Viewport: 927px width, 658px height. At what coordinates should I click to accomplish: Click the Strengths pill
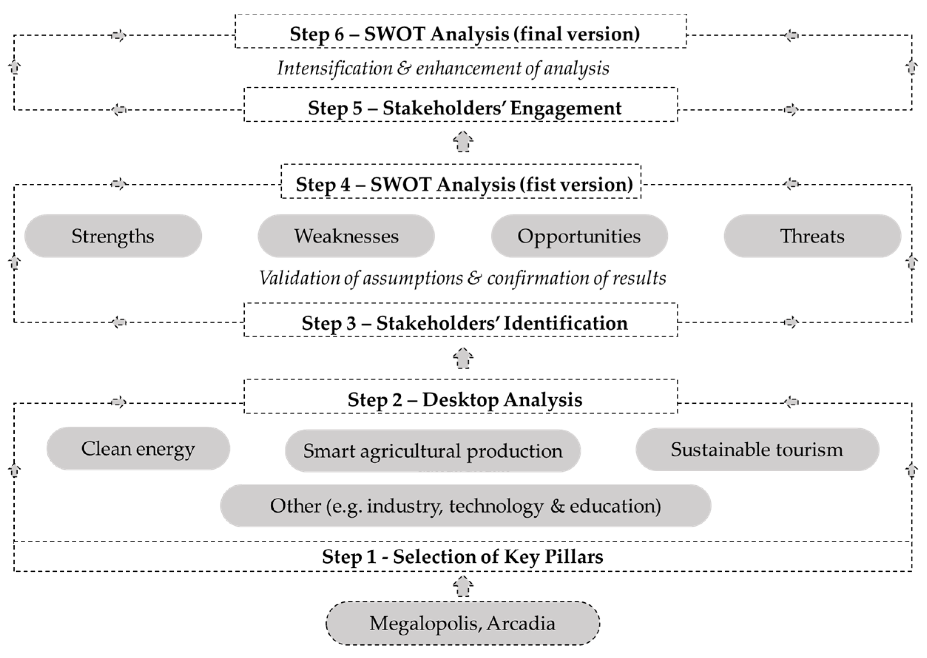coord(113,236)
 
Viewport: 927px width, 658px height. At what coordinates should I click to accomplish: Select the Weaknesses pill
coord(346,236)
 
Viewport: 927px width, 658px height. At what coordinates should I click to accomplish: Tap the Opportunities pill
coord(579,236)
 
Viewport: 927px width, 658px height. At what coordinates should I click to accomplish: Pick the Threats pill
coord(812,236)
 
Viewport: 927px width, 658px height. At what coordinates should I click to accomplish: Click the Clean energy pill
coord(138,449)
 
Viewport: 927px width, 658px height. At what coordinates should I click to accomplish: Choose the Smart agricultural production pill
coord(433,451)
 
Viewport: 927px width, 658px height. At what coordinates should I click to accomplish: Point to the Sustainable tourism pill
coord(757,449)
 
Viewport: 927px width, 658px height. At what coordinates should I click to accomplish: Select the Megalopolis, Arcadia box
coord(463,623)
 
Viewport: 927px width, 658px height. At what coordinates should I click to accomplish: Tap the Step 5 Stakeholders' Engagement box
coord(460,105)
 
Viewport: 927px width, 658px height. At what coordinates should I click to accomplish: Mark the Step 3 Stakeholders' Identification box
coord(460,320)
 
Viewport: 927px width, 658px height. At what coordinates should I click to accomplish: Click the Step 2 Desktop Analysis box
coord(460,397)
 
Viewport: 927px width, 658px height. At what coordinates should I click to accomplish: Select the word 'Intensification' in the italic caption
coord(335,68)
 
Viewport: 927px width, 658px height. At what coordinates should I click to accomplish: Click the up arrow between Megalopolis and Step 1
coord(463,586)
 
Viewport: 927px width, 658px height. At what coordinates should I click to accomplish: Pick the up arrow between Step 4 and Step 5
coord(463,141)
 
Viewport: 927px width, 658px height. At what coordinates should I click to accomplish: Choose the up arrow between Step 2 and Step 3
coord(463,358)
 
